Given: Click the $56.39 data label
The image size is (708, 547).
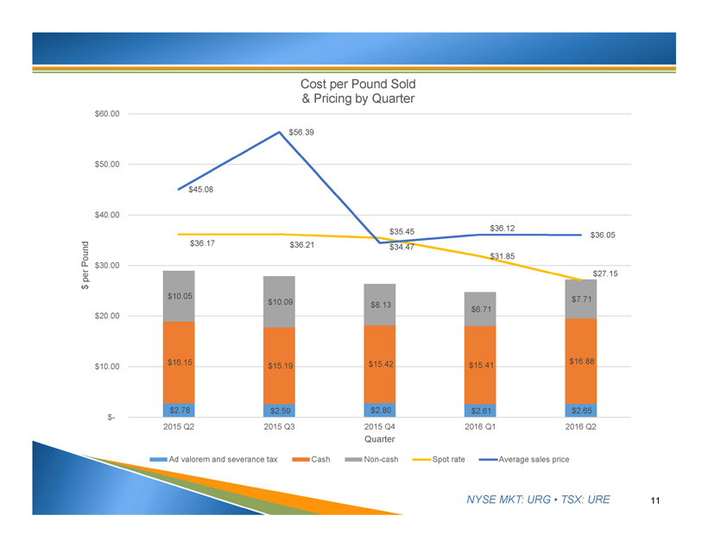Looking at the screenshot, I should [x=301, y=132].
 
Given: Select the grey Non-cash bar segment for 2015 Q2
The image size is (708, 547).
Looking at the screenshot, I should [x=179, y=296].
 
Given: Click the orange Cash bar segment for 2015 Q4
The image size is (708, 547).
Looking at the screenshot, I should [x=380, y=364].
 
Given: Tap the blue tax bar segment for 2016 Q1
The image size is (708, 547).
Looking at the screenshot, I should [x=480, y=411].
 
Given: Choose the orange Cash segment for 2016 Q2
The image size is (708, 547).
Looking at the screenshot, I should [x=580, y=361].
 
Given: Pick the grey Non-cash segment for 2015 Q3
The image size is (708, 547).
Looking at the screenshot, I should [x=279, y=301].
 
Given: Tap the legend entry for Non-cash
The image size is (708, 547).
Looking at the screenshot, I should [x=373, y=458].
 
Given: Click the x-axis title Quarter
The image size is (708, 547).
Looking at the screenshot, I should [x=380, y=441].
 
